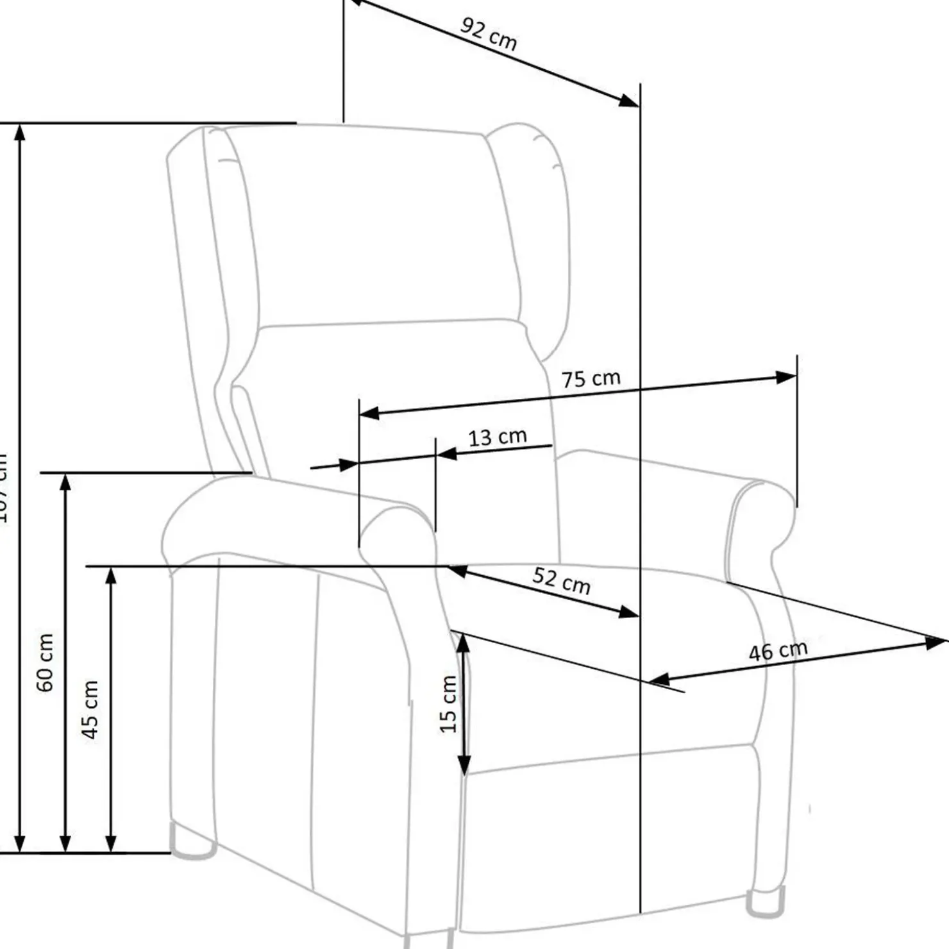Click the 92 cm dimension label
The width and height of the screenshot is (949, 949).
point(489,35)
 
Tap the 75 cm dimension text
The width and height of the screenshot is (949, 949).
point(591,379)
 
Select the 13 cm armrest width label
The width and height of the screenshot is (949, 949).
point(497,437)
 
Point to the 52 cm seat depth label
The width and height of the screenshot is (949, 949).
point(561,581)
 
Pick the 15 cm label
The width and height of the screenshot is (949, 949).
point(449,704)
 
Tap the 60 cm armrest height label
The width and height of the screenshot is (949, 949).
point(45,662)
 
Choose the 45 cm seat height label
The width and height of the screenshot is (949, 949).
point(90,709)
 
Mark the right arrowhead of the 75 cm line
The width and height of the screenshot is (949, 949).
point(785,377)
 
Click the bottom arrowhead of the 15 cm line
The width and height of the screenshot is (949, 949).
point(464,764)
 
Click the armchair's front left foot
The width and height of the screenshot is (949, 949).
point(192,841)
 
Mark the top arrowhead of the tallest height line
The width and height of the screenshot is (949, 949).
point(20,132)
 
